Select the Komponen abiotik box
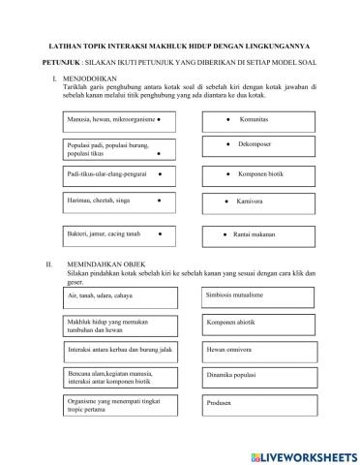tap(255, 324)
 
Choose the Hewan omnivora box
tap(255, 349)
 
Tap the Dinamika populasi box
tap(255, 375)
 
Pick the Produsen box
tap(255, 401)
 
